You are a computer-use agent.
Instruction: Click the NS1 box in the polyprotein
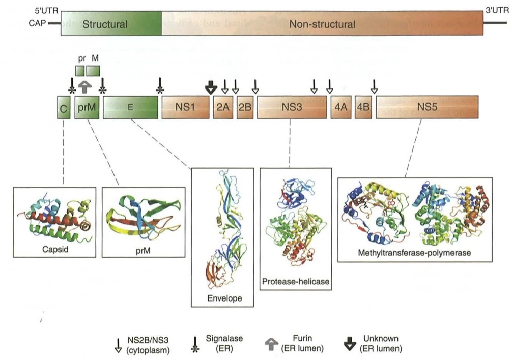coord(185,107)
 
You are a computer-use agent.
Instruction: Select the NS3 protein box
coord(292,107)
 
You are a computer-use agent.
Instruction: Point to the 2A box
coord(222,107)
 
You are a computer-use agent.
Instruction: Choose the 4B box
coord(363,107)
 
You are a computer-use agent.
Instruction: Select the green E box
coord(130,107)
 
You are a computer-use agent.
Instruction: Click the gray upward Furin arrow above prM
coord(87,87)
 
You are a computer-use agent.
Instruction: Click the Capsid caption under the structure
coord(54,250)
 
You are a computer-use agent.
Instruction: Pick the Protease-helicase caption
coord(289,281)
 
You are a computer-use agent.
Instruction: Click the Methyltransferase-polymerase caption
coord(415,252)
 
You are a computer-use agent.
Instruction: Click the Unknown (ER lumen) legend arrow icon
coord(348,344)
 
